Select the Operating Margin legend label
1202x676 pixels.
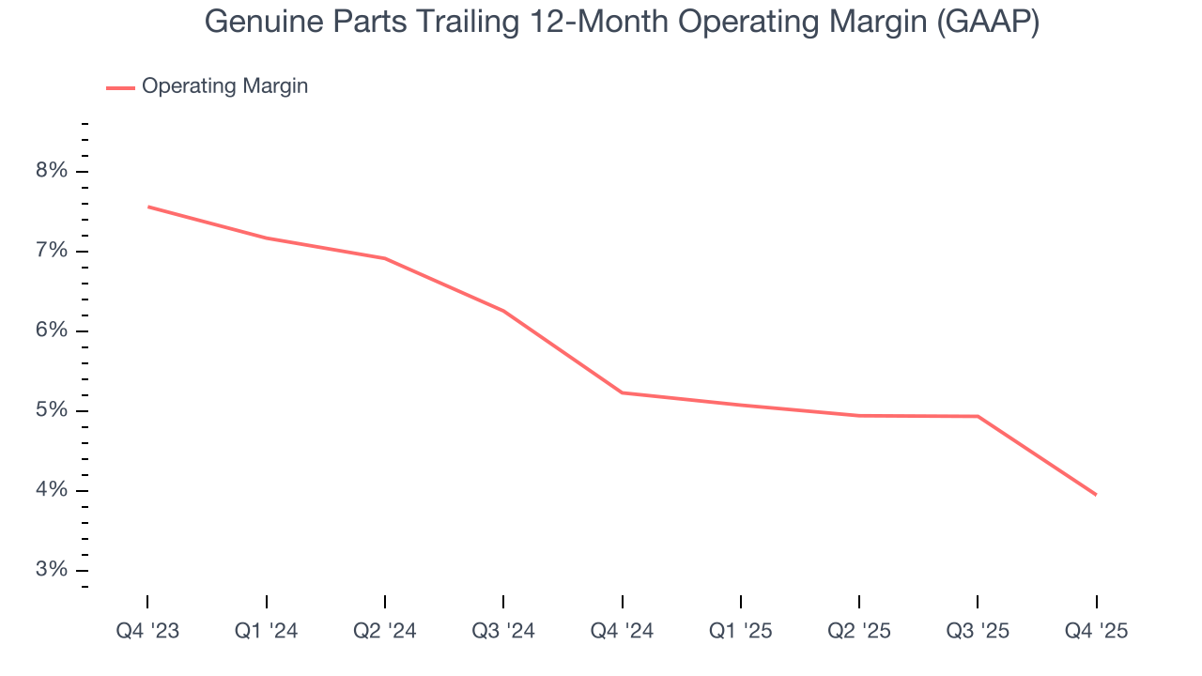(224, 86)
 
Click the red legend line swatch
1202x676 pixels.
(120, 87)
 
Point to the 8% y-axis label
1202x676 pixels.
(53, 171)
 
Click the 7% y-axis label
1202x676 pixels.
(53, 251)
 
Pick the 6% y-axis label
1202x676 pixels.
(53, 330)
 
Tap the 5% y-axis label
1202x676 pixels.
(53, 410)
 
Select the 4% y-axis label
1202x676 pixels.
(53, 490)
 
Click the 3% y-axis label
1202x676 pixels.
(53, 570)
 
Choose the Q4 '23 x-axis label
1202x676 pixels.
(147, 631)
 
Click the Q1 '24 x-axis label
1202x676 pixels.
(267, 631)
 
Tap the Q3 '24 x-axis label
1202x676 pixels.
(504, 631)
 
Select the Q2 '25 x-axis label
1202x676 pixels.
(859, 631)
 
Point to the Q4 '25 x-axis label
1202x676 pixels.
(1096, 631)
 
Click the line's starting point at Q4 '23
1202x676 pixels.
(148, 207)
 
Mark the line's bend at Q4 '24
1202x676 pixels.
(623, 392)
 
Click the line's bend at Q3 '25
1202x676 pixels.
(978, 416)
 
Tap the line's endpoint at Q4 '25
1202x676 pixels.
(1096, 495)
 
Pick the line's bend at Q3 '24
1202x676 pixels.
(504, 311)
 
